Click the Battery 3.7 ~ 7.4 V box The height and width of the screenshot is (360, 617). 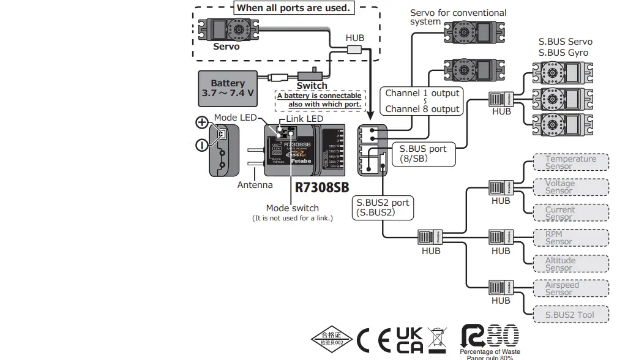[227, 88]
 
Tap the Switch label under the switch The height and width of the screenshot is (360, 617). [312, 86]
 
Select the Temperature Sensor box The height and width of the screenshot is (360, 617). [570, 162]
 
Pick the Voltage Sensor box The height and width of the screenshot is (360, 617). [570, 187]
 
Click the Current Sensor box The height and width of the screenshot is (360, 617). [570, 213]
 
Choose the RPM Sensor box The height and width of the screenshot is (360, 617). [570, 238]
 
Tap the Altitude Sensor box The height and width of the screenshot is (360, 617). [570, 264]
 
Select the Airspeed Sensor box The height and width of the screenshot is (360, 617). [570, 288]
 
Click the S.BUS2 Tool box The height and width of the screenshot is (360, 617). [570, 315]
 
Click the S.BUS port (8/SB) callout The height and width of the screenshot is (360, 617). [423, 153]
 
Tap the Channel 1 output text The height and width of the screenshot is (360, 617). [422, 94]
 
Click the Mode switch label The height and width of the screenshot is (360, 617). [292, 208]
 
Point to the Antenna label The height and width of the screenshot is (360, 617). [255, 185]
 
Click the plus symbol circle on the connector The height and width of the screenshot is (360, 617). [201, 122]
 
